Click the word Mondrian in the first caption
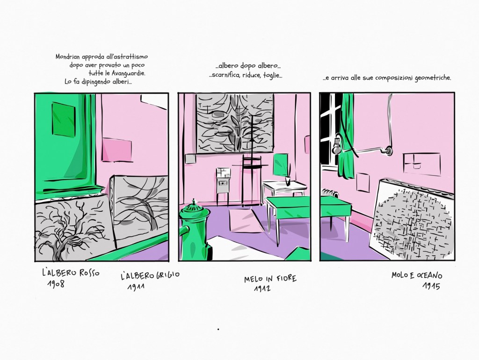67,57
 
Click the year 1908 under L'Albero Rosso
56,283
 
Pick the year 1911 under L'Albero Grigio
136,287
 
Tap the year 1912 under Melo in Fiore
262,288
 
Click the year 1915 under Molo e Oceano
431,286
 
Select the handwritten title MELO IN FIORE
270,279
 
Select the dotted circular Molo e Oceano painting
413,221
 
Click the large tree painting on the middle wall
234,123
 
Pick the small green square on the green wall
64,119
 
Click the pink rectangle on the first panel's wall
116,150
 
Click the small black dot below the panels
218,329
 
